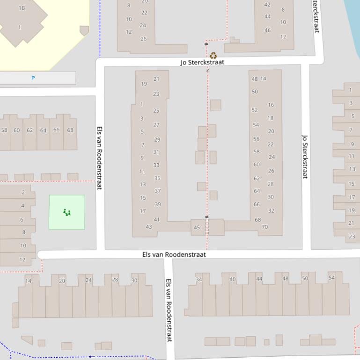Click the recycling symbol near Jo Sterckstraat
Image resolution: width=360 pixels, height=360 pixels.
point(213,56)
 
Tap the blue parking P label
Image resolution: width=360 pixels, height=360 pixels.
point(33,78)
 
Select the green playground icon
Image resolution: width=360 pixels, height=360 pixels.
point(67,213)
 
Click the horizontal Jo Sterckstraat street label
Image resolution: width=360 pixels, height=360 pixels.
point(202,62)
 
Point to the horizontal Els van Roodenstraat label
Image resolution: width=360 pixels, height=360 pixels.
point(174,254)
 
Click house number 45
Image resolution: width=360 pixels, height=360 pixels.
point(197,228)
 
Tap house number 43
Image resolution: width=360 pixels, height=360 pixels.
point(149,227)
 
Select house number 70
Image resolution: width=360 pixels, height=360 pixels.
point(265,227)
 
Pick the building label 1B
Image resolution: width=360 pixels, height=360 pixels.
point(22,8)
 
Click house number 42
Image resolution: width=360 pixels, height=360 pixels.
point(267,5)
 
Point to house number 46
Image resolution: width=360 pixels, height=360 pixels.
point(267,30)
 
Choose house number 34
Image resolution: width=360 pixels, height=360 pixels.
point(199,279)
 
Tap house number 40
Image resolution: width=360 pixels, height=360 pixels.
point(232,279)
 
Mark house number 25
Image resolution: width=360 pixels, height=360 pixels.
point(156,111)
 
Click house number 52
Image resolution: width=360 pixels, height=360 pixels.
point(255,110)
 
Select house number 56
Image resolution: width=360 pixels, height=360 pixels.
point(256,139)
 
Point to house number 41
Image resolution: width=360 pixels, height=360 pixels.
point(157,219)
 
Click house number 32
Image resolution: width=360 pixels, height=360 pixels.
point(271,210)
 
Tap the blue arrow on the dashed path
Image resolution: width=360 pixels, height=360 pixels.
point(91,357)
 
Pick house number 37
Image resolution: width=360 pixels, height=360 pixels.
point(158,191)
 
